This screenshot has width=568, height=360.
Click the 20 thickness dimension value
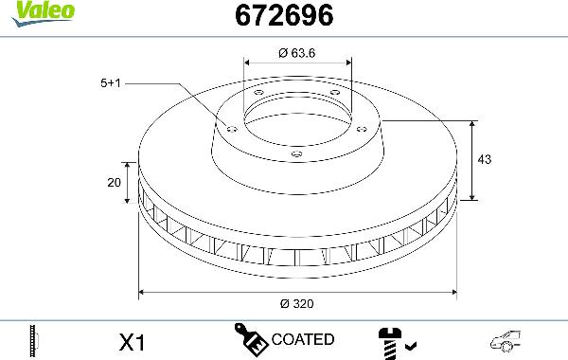tap(114, 183)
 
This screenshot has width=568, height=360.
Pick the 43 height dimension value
tap(485, 161)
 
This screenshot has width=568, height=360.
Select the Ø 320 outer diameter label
tap(296, 304)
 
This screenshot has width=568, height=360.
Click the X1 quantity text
tap(133, 340)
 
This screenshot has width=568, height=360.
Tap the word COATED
tap(302, 339)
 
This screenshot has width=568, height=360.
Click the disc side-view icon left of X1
tap(35, 340)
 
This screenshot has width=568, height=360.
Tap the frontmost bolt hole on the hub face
tap(296, 153)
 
